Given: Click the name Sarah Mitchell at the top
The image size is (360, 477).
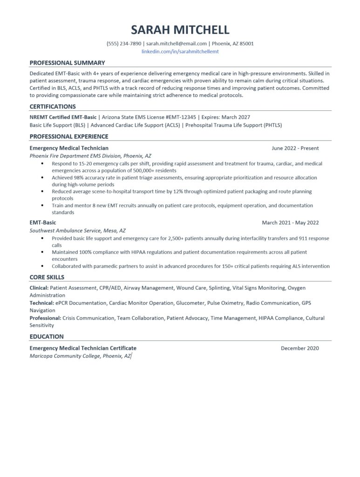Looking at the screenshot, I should click(x=180, y=30).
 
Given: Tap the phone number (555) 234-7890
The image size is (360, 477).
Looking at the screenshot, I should click(x=124, y=44).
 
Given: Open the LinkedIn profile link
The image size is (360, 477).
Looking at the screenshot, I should click(x=180, y=52).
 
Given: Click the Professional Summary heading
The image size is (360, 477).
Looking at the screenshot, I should click(x=67, y=63).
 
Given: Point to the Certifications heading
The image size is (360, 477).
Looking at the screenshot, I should click(x=53, y=107).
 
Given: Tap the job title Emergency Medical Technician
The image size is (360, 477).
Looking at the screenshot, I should click(x=69, y=148).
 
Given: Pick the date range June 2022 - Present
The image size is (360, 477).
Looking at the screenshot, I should click(x=295, y=148).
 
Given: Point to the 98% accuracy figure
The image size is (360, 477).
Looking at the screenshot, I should click(x=77, y=177).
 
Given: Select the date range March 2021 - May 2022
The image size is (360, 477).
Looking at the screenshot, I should click(x=290, y=223).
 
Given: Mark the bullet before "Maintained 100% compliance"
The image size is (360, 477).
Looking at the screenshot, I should click(x=43, y=252).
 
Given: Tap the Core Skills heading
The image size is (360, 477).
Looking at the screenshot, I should click(x=47, y=278).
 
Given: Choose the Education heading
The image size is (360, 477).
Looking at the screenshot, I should click(x=47, y=336).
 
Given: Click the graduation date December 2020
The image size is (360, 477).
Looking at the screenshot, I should click(x=299, y=348).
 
